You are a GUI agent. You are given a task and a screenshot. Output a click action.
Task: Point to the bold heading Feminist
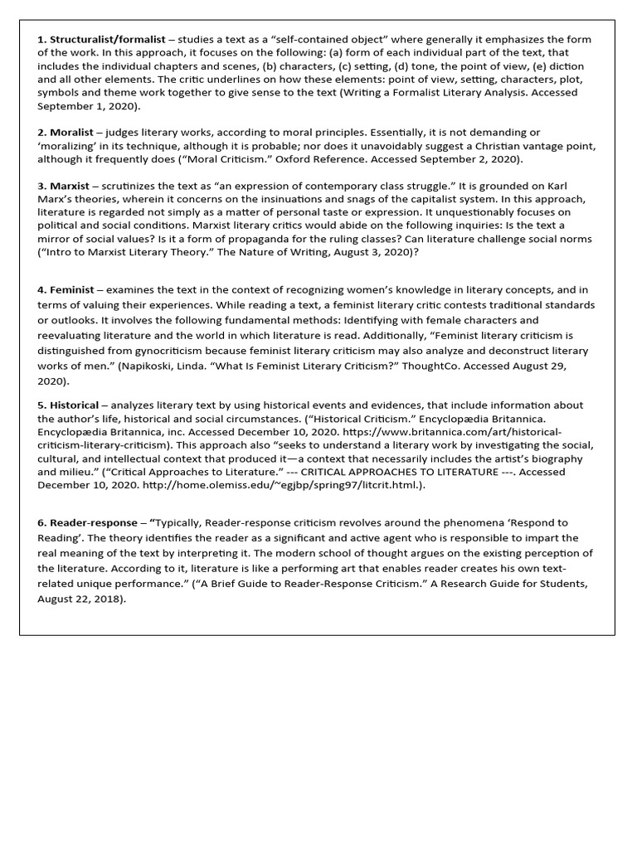click(71, 290)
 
